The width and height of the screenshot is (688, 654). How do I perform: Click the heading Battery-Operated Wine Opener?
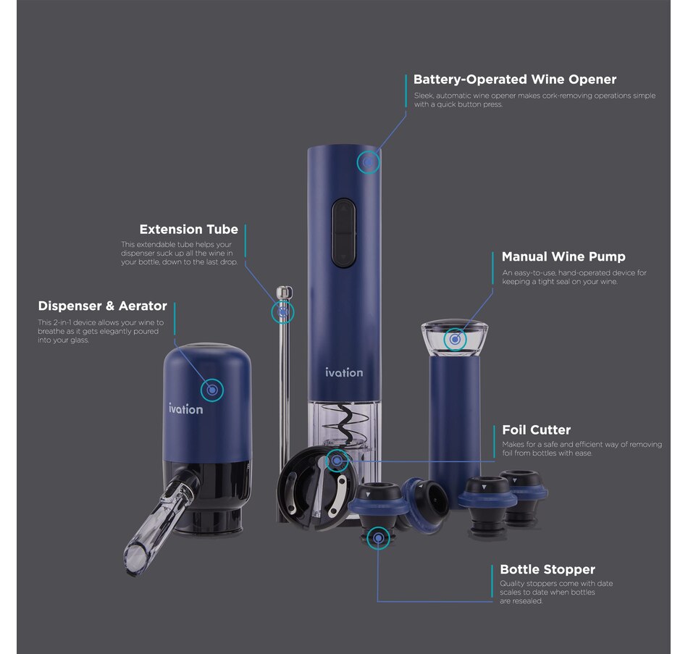click(515, 80)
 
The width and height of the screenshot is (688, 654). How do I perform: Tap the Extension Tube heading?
click(189, 229)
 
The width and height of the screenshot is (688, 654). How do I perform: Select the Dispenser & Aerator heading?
click(103, 306)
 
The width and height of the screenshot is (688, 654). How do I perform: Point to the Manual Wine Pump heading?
click(563, 256)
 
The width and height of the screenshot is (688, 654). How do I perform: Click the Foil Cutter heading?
click(536, 429)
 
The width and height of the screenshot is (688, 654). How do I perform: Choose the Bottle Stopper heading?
click(548, 569)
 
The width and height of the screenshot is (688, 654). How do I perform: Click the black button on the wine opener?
click(343, 232)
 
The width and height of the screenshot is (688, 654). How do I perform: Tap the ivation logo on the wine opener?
click(344, 372)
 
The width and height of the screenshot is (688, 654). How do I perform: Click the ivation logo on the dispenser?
click(186, 408)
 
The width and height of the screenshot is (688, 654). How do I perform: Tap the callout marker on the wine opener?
click(368, 162)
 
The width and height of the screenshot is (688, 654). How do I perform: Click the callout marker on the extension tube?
click(282, 313)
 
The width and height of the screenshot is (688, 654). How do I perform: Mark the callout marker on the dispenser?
click(212, 390)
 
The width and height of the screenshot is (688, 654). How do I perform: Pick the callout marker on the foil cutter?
click(337, 461)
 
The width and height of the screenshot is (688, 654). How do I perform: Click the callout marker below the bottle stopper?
click(378, 538)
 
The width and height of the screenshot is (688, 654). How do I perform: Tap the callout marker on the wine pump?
click(455, 339)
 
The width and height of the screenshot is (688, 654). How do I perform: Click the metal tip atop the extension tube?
click(285, 291)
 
